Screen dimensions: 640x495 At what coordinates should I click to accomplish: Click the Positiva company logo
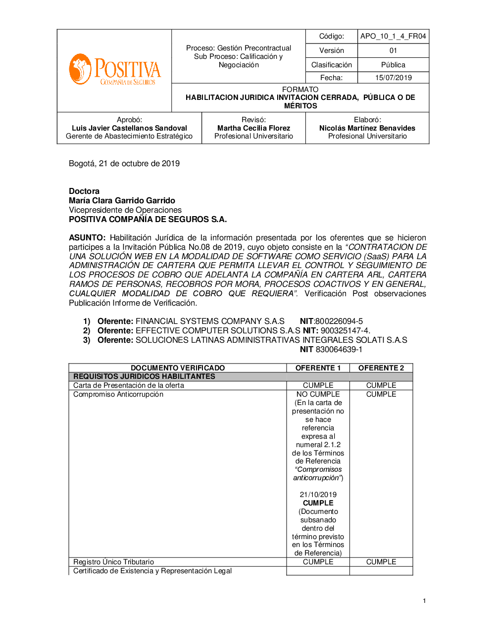[x=115, y=70]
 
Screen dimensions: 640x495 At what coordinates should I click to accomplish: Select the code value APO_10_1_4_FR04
[x=393, y=36]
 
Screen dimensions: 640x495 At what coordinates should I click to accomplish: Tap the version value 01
[x=393, y=50]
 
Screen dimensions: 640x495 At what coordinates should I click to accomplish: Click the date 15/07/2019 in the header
[x=393, y=78]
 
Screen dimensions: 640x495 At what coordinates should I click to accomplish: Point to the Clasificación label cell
[x=331, y=65]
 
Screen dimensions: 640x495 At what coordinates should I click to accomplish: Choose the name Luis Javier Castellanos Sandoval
[x=129, y=128]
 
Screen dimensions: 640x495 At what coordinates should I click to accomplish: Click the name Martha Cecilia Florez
[x=253, y=128]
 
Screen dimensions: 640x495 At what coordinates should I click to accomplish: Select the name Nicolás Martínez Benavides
[x=367, y=128]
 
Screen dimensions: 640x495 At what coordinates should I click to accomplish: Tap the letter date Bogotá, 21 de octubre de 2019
[x=124, y=164]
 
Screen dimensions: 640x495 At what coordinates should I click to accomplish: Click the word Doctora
[x=84, y=191]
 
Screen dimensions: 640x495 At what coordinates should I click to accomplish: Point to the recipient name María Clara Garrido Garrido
[x=122, y=201]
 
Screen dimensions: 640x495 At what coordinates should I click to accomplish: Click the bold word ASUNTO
[x=87, y=238]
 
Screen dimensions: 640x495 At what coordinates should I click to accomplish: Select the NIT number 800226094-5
[x=339, y=321]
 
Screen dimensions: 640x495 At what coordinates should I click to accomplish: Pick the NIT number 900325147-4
[x=345, y=331]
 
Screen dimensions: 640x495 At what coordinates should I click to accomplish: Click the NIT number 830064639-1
[x=339, y=350]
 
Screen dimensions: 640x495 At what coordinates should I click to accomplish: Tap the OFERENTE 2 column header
[x=381, y=368]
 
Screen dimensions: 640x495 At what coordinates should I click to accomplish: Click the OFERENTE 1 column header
[x=318, y=368]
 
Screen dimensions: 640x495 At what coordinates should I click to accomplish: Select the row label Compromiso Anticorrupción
[x=118, y=395]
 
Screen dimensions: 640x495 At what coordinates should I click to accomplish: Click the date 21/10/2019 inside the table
[x=318, y=495]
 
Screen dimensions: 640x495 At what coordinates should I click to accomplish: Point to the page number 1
[x=424, y=601]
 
